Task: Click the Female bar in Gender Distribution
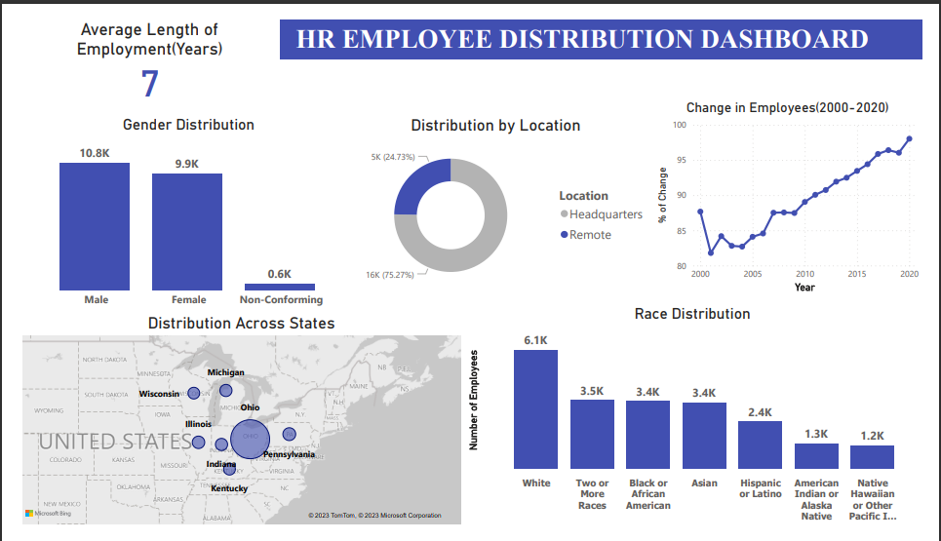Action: [x=186, y=231]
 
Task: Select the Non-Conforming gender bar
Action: [x=280, y=287]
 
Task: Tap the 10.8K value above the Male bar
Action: [x=95, y=154]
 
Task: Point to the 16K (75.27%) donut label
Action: [x=390, y=275]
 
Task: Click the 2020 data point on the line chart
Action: [x=909, y=138]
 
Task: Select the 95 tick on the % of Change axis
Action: [x=680, y=161]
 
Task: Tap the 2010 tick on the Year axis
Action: [x=804, y=274]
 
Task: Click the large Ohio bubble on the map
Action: [x=250, y=439]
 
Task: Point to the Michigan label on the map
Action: [x=225, y=372]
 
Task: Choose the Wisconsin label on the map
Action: [x=159, y=394]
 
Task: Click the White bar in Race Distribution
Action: [x=535, y=409]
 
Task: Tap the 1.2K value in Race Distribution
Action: [x=872, y=436]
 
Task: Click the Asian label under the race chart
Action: [x=704, y=483]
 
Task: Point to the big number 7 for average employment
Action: [x=149, y=85]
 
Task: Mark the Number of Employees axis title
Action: [x=474, y=399]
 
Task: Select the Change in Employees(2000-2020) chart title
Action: [x=787, y=108]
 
